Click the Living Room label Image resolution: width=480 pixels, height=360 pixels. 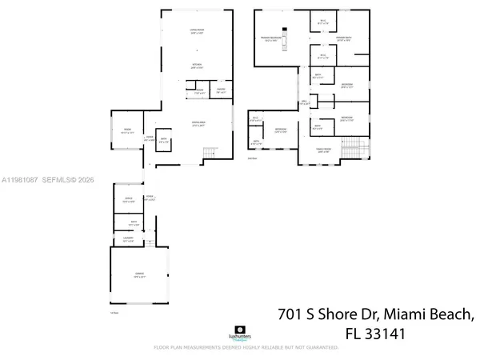tap(196, 32)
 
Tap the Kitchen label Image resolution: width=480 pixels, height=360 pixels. tap(196, 66)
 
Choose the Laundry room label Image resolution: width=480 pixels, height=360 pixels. tap(127, 239)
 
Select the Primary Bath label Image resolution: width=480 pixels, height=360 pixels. tap(344, 38)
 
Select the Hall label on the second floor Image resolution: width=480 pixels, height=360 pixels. tap(304, 102)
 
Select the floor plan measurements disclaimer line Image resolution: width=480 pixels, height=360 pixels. tap(240, 348)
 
